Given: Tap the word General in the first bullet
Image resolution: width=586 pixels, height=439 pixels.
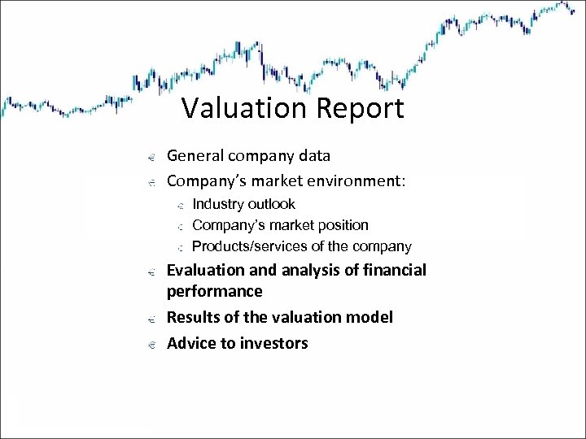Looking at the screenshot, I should [x=195, y=155].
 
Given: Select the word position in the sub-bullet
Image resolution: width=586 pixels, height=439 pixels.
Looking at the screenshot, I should [x=341, y=225].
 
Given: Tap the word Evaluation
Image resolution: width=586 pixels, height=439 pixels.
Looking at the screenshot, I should [x=205, y=270].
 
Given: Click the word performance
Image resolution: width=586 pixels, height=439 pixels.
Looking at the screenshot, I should [x=214, y=291].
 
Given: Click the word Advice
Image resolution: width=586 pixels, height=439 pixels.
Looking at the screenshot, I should [x=191, y=343].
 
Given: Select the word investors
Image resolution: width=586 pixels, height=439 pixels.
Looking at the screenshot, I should [x=274, y=343].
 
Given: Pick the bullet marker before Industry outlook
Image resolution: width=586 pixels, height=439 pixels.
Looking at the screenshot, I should [x=179, y=205].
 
